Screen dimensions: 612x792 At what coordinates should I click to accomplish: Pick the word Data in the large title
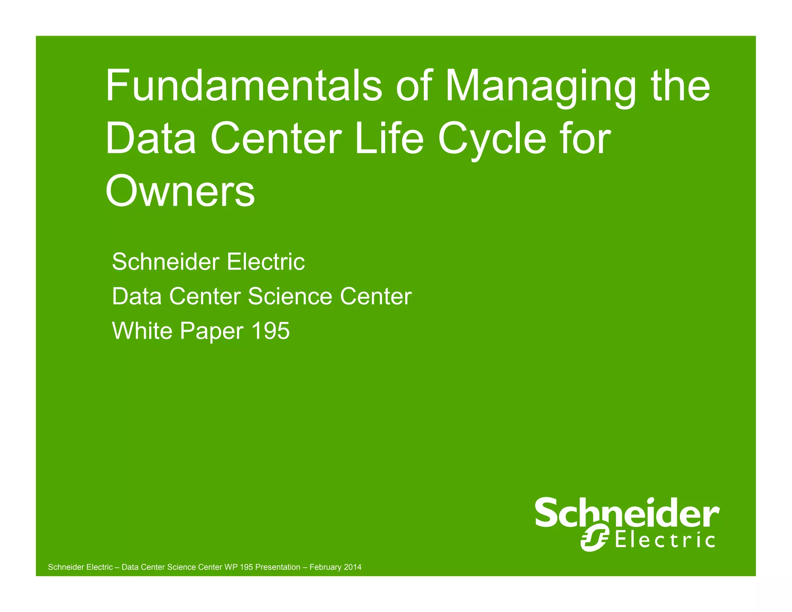pyautogui.click(x=150, y=138)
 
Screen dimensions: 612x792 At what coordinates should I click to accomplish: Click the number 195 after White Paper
pyautogui.click(x=270, y=331)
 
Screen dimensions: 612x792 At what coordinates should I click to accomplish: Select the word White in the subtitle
pyautogui.click(x=142, y=331)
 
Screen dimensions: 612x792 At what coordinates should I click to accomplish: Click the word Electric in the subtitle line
pyautogui.click(x=266, y=262)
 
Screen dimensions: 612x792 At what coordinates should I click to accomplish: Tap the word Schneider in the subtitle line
pyautogui.click(x=166, y=262)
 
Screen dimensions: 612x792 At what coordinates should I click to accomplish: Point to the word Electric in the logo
pyautogui.click(x=665, y=540)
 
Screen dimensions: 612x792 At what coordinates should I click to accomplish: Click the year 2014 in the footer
pyautogui.click(x=352, y=567)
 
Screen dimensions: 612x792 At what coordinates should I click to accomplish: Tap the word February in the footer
pyautogui.click(x=325, y=568)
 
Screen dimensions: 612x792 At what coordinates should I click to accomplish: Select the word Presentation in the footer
pyautogui.click(x=278, y=567)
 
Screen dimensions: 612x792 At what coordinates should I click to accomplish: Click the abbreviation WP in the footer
pyautogui.click(x=230, y=567)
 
